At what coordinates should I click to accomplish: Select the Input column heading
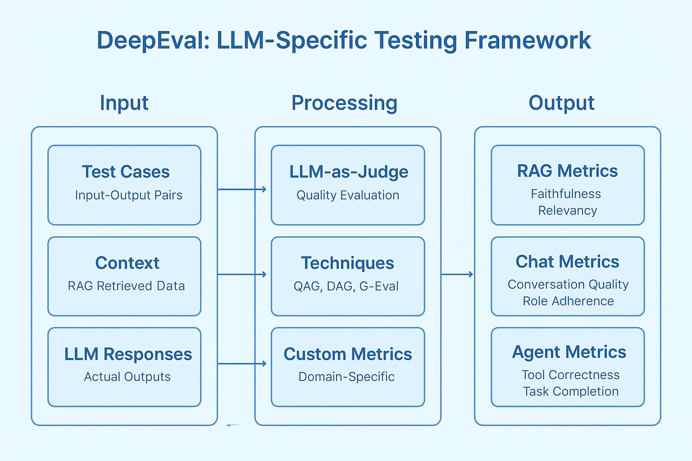pos(124,103)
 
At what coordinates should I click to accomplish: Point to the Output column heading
pos(561,103)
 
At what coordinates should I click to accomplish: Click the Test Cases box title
pos(126,172)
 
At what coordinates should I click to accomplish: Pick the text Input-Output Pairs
pos(128,195)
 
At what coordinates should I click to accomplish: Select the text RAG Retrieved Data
pos(126,286)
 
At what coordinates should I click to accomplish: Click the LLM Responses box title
pos(128,354)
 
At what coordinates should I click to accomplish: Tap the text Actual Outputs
pos(127,377)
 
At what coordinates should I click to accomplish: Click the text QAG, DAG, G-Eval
pos(346,286)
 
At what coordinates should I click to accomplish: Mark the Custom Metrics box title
pos(348,354)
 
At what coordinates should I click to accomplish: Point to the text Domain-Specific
pos(346,377)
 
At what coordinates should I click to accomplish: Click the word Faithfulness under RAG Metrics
pos(566,194)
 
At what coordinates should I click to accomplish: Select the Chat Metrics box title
pos(568,262)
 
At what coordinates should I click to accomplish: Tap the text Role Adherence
pos(569,301)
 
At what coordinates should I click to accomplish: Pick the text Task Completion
pos(571,392)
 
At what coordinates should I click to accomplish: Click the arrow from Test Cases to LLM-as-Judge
pos(242,189)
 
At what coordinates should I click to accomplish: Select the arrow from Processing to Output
pos(457,274)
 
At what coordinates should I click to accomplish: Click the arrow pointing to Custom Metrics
pos(242,364)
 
